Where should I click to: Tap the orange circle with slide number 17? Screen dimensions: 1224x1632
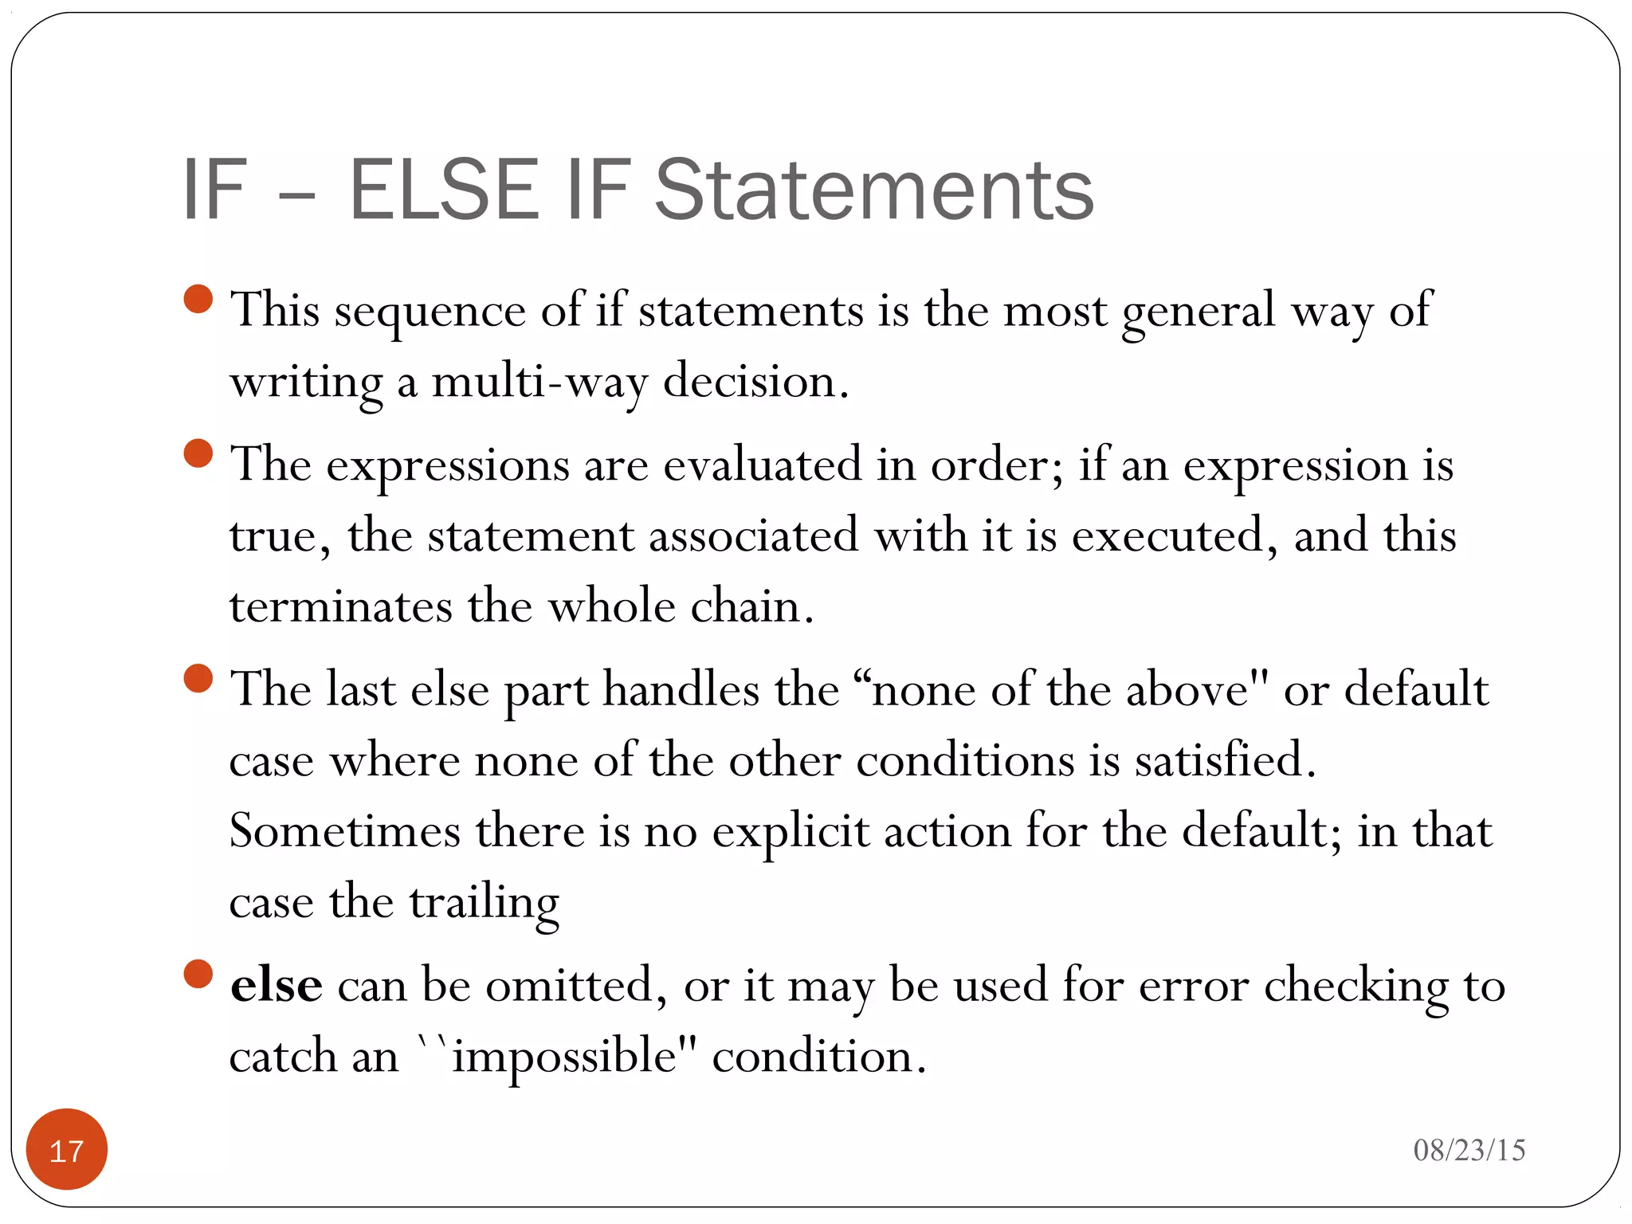point(67,1149)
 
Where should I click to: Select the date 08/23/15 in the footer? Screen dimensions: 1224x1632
point(1469,1150)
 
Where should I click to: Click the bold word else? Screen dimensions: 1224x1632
point(276,985)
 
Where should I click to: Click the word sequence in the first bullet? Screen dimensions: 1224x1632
point(430,312)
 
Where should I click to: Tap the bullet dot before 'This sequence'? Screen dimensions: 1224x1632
point(198,300)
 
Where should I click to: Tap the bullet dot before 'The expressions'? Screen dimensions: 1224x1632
point(198,453)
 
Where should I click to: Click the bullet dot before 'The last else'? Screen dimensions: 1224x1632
point(198,679)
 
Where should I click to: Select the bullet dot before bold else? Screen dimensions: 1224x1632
point(198,974)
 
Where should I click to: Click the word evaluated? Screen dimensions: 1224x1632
point(762,465)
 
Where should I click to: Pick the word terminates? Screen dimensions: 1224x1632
point(340,606)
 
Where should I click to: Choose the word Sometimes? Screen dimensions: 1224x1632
point(344,830)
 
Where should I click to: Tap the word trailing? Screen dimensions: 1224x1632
point(484,904)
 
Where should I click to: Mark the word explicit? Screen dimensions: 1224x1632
point(790,832)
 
